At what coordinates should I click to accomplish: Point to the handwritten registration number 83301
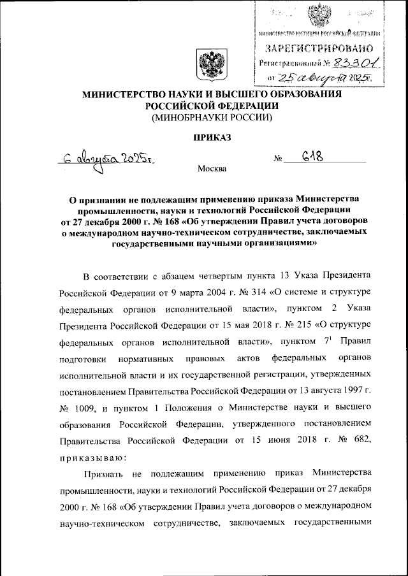point(354,62)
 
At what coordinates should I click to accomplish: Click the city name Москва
point(212,169)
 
